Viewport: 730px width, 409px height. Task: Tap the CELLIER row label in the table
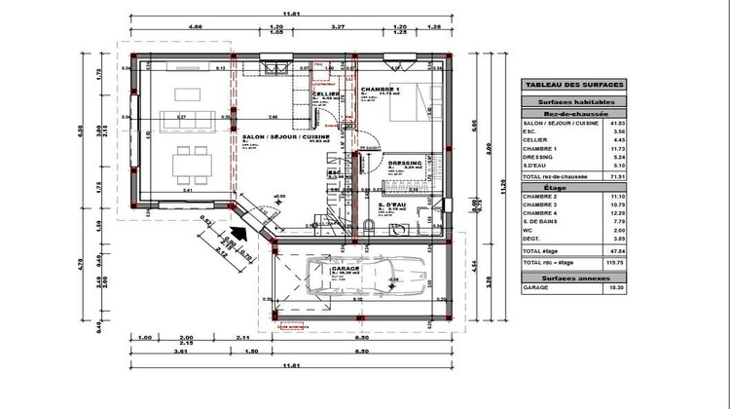536,139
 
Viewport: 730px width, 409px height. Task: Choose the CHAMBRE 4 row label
540,212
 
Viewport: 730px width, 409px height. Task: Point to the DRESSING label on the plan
404,162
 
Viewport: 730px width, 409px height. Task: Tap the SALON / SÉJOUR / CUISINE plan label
286,138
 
